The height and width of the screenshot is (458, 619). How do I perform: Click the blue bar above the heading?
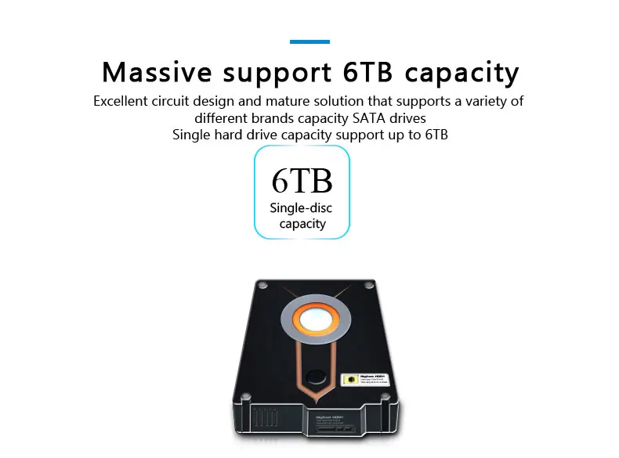point(309,41)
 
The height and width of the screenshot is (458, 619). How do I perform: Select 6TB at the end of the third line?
point(436,135)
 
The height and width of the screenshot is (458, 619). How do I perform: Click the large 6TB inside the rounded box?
point(302,180)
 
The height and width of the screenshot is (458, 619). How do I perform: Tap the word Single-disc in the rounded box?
point(301,208)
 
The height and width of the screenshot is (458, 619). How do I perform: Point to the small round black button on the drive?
point(315,375)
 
